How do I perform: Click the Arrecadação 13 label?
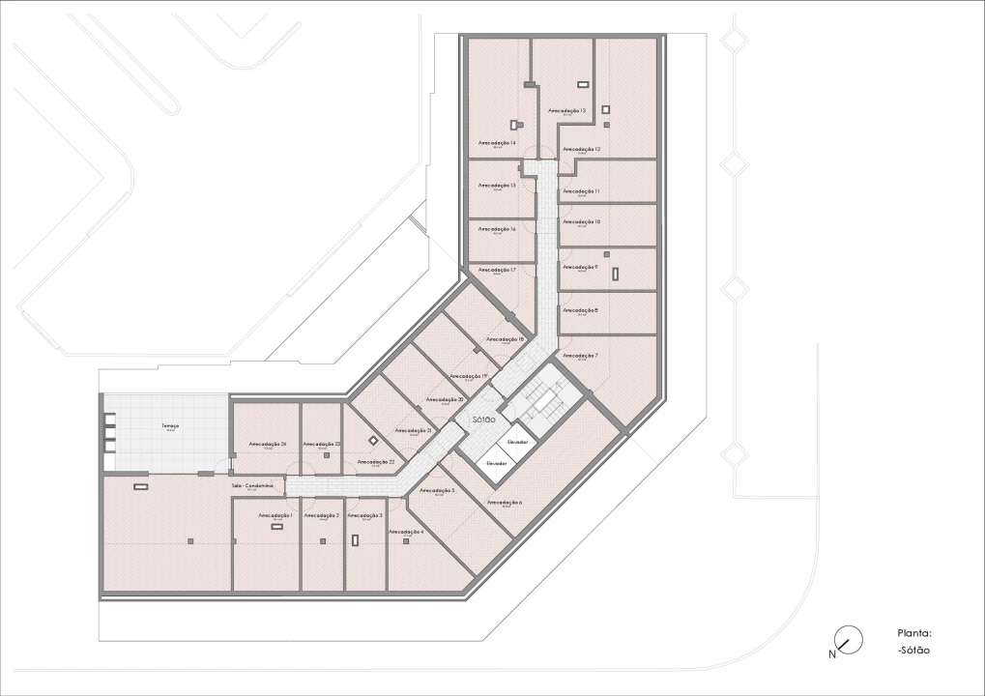(x=567, y=111)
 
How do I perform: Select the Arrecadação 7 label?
(x=580, y=356)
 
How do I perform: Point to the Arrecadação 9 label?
(x=580, y=267)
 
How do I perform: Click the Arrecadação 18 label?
(x=506, y=339)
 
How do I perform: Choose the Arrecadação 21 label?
(x=414, y=430)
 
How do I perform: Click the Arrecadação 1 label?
(x=275, y=515)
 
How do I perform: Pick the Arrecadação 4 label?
(x=406, y=532)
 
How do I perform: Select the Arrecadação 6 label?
(x=505, y=503)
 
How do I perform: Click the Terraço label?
(x=170, y=426)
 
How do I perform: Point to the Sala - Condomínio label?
(x=251, y=485)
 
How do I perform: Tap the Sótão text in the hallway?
(x=484, y=420)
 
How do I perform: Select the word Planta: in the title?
(x=913, y=633)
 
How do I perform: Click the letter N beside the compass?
(x=831, y=654)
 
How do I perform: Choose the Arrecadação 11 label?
(x=581, y=191)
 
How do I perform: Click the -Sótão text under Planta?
(x=913, y=650)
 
